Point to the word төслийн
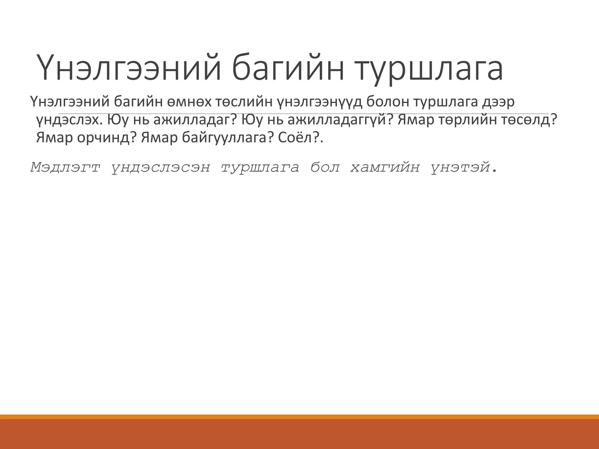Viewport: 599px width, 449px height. point(245,102)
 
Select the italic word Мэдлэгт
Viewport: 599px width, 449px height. point(65,167)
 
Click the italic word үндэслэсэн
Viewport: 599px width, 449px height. point(161,167)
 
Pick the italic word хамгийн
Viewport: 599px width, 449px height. point(385,167)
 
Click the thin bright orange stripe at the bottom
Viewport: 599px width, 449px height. point(299,417)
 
